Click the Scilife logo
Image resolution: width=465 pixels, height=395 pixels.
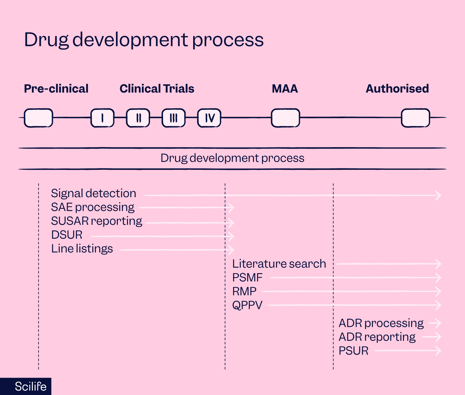[x=30, y=386]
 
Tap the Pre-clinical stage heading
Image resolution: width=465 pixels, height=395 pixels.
[x=56, y=89]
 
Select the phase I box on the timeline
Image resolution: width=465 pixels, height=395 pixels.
[x=102, y=118]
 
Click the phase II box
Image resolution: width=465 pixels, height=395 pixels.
[x=138, y=118]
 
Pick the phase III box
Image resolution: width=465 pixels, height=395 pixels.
[x=173, y=118]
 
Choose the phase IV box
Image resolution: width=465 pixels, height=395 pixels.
[x=209, y=118]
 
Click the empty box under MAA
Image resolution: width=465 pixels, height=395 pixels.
[x=285, y=118]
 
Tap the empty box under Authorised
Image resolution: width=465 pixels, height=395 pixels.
[x=416, y=118]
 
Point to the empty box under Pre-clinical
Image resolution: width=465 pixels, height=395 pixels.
[x=38, y=118]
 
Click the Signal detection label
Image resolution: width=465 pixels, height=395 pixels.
[x=93, y=193]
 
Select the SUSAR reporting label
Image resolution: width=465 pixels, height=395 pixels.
[x=97, y=221]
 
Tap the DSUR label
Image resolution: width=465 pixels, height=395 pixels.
[x=67, y=235]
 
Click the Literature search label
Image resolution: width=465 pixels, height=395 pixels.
[x=279, y=264]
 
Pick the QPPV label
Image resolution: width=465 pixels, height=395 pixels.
[x=247, y=305]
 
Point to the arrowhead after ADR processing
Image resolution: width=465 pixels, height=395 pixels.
[x=438, y=323]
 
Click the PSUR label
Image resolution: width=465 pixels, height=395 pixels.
[x=354, y=351]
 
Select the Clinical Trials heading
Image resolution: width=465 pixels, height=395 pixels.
[x=157, y=89]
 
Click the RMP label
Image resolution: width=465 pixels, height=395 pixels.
[x=244, y=291]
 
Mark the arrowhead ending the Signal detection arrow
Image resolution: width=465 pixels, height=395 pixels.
[x=438, y=195]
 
